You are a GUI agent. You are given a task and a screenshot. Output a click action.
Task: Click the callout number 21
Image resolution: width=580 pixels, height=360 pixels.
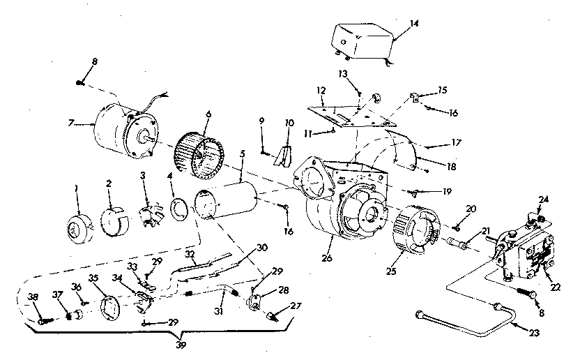pos(485,231)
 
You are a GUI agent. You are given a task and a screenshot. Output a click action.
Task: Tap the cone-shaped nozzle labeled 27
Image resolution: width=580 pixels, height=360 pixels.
pos(269,315)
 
